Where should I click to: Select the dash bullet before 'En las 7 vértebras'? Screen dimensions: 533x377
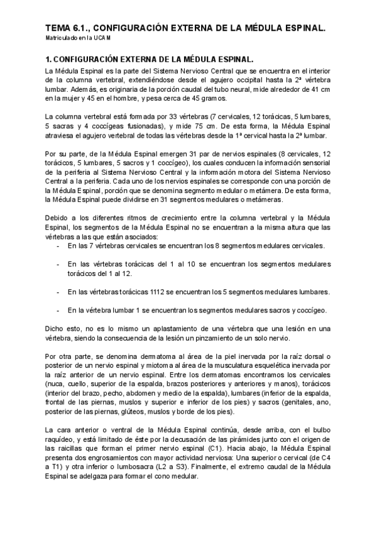pos(57,246)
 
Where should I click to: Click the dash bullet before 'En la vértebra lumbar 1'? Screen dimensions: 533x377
pos(57,310)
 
